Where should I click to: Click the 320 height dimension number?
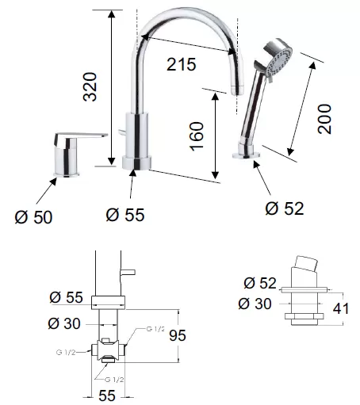click(x=90, y=87)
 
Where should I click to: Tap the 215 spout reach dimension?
click(x=182, y=64)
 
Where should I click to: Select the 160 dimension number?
click(x=197, y=136)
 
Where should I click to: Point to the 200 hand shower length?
click(x=324, y=119)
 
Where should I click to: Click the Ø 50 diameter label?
click(x=33, y=217)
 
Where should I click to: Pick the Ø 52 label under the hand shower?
click(x=285, y=208)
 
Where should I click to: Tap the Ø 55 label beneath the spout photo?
click(x=125, y=215)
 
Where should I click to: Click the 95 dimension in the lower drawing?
click(x=178, y=335)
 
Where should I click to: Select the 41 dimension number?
click(x=341, y=308)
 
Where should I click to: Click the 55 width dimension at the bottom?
click(x=107, y=395)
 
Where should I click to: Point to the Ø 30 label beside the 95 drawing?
click(x=64, y=323)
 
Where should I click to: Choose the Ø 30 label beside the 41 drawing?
click(x=255, y=304)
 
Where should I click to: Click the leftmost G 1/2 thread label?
click(x=66, y=352)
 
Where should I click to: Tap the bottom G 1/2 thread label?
click(x=114, y=380)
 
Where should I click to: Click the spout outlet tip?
click(x=237, y=90)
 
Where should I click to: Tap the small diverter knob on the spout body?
click(x=121, y=132)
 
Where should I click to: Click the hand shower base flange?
click(x=247, y=155)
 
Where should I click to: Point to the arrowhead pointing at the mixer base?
click(x=53, y=181)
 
